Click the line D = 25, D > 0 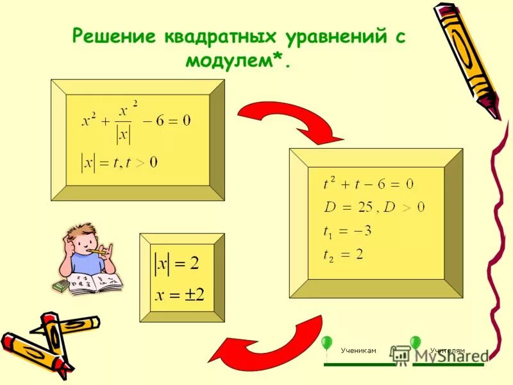pos(373,207)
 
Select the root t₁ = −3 pos(347,230)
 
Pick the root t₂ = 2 pos(343,254)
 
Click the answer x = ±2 pos(180,296)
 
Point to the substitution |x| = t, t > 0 pos(119,162)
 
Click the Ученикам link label pos(358,350)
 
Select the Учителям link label pos(447,350)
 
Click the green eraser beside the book pos(60,286)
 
